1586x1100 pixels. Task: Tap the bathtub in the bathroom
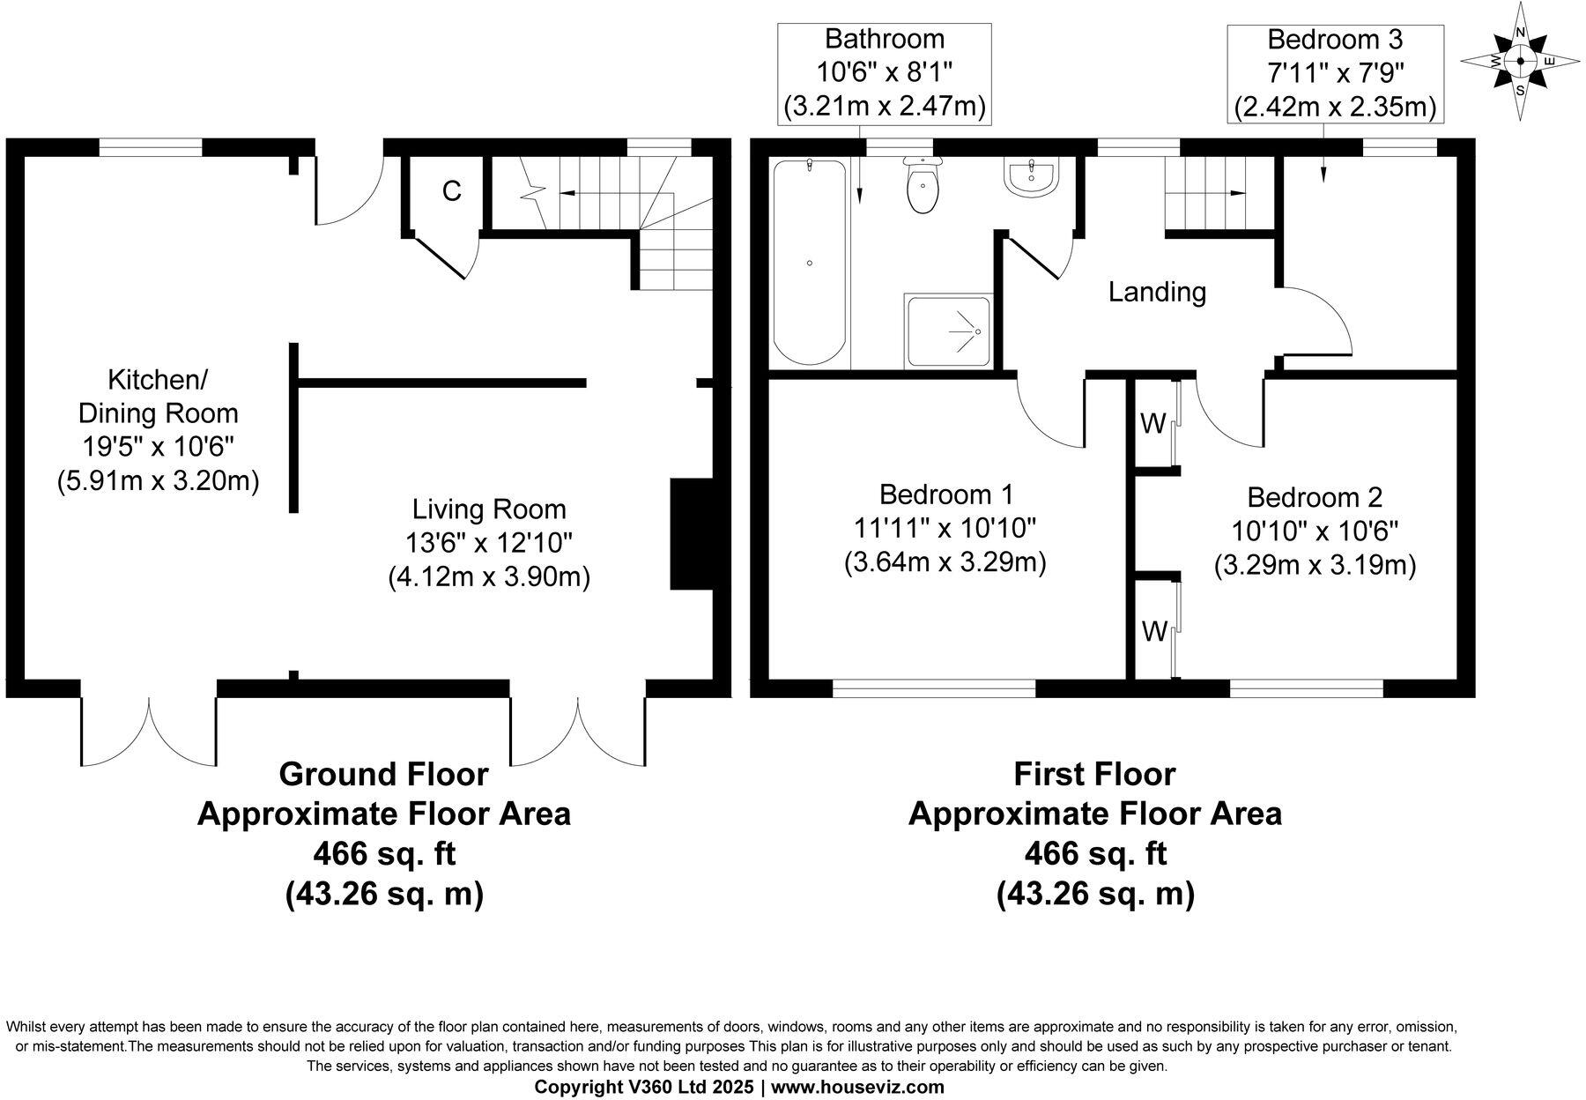(810, 263)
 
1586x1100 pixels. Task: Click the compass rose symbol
(1520, 61)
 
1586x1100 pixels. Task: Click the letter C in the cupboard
(451, 191)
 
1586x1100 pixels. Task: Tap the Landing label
(1156, 292)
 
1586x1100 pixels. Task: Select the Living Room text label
(489, 509)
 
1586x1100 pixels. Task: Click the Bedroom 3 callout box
(1334, 73)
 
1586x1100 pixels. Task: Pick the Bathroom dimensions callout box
(885, 73)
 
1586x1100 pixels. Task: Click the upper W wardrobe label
(1152, 424)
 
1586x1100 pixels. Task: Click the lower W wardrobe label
(1154, 631)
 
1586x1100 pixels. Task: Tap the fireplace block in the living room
(691, 534)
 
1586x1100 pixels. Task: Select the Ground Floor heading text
(383, 774)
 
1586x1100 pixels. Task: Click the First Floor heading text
(1094, 774)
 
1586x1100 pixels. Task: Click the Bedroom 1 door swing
(1049, 414)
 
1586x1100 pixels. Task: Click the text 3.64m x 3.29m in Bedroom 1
(945, 562)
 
